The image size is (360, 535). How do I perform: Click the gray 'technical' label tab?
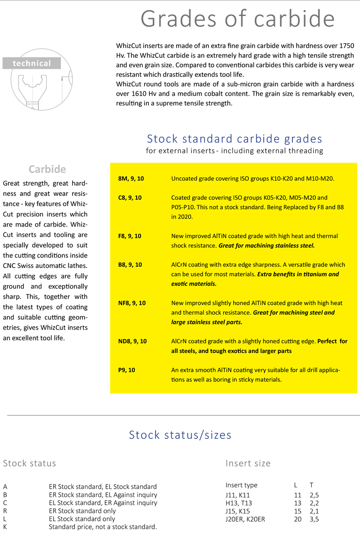point(32,63)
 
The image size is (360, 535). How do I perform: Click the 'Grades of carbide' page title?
point(237,18)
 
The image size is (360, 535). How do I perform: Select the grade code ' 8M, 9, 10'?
point(131,179)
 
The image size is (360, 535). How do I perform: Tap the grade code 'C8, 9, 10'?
point(130,198)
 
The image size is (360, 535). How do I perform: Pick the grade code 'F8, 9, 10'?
point(130,236)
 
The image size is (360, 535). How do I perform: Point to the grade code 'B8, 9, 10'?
point(130,265)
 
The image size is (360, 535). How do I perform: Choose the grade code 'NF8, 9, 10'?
point(132,303)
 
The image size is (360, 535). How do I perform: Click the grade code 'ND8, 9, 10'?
point(132,341)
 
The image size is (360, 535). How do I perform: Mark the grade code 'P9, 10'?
point(126,370)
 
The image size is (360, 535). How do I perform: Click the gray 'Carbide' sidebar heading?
point(47,169)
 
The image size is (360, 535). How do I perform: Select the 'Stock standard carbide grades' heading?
point(234,139)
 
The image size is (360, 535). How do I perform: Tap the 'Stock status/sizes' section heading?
point(180,434)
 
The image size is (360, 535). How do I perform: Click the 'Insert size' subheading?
point(248,463)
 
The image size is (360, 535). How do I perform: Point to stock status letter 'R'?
point(5,511)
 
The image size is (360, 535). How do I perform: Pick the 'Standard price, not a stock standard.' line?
point(103,527)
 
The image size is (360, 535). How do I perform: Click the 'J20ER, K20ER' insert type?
point(245,519)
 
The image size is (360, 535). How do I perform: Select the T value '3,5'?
point(314,519)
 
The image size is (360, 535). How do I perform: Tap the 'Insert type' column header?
point(241,485)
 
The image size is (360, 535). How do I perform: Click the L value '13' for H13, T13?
point(298,503)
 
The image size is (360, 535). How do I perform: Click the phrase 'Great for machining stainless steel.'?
point(267,246)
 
